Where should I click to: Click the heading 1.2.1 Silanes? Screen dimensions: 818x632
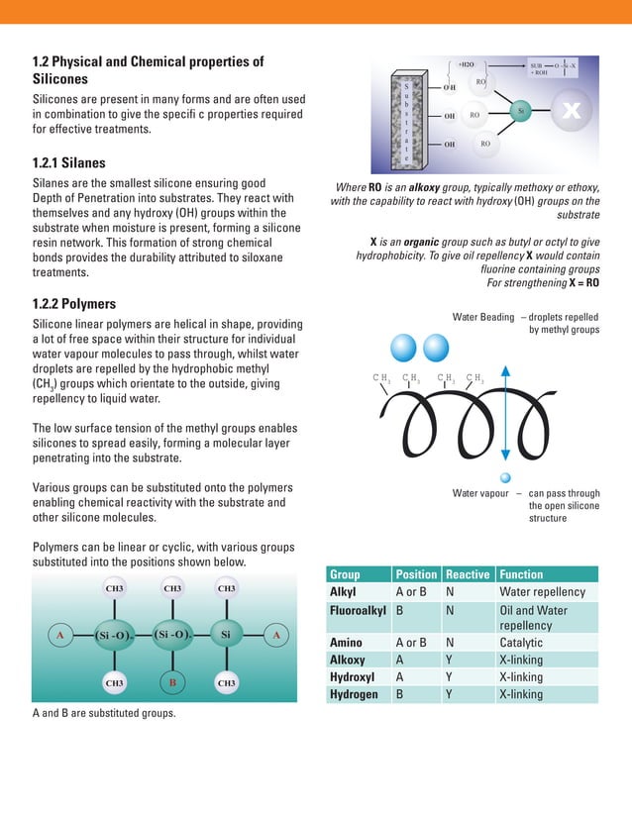[x=69, y=163]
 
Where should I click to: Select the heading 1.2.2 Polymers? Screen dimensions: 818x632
[x=74, y=304]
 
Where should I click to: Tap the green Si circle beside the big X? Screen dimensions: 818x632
[x=521, y=112]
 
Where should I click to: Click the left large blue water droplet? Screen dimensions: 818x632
[x=404, y=349]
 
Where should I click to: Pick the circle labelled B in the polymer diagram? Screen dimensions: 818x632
[x=172, y=683]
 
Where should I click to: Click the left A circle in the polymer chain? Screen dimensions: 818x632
[x=60, y=634]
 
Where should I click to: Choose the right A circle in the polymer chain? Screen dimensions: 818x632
[x=277, y=634]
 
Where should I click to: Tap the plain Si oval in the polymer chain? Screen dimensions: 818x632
[x=226, y=634]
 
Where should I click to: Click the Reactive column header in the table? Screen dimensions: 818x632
[x=468, y=574]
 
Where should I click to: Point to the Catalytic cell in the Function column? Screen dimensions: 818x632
[x=521, y=643]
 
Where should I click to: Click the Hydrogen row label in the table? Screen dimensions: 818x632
[x=355, y=694]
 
